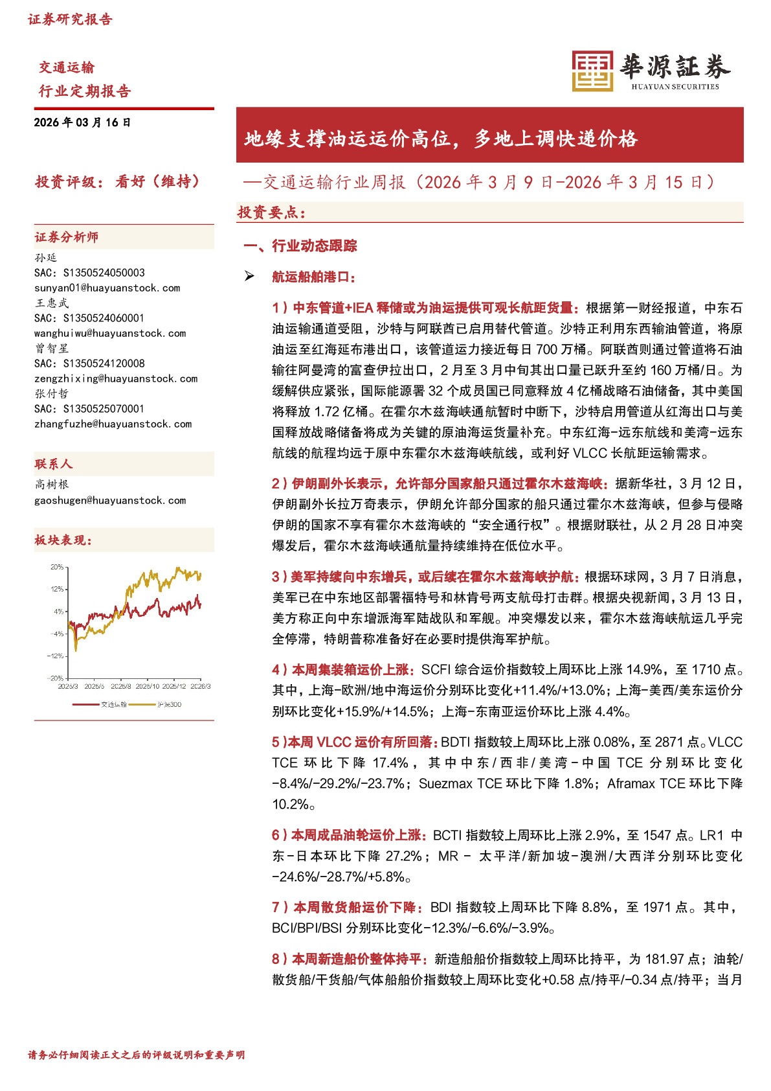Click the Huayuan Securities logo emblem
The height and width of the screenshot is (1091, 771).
pos(592,71)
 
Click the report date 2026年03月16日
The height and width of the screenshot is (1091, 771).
pos(82,122)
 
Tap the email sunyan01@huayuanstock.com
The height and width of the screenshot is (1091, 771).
pos(107,288)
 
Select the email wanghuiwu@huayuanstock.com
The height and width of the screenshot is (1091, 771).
pos(110,333)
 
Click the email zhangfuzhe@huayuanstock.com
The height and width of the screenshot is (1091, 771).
pos(113,424)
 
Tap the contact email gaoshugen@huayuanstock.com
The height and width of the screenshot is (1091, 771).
pos(110,500)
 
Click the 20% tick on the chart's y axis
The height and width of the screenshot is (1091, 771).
pos(57,567)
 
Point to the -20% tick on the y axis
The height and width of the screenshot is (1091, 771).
pos(56,678)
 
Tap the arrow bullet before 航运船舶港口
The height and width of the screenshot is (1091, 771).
pos(249,277)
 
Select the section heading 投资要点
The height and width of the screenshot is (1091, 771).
pos(271,212)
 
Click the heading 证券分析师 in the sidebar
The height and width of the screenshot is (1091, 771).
pos(67,237)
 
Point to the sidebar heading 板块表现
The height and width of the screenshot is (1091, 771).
pos(63,540)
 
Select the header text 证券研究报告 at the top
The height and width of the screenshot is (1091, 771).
pos(70,19)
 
